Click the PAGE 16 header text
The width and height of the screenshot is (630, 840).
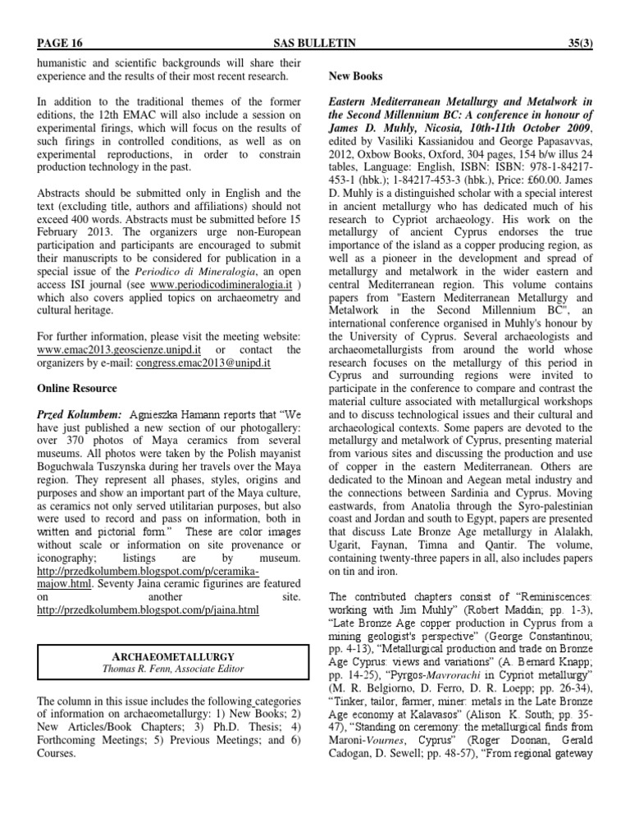pyautogui.click(x=60, y=43)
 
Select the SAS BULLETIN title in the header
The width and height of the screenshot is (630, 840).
pyautogui.click(x=315, y=43)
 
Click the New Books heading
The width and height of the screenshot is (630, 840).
pyautogui.click(x=355, y=75)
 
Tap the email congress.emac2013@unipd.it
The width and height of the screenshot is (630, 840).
pyautogui.click(x=203, y=362)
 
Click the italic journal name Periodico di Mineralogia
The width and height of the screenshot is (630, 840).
pyautogui.click(x=154, y=271)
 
